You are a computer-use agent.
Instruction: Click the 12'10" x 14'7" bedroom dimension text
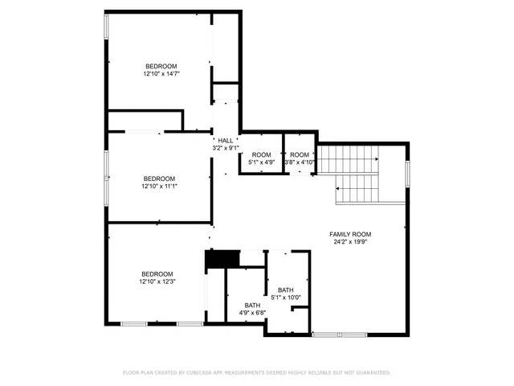(x=161, y=74)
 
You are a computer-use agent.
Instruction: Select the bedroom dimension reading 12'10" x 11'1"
(x=159, y=186)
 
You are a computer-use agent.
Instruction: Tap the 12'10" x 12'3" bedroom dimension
(x=157, y=281)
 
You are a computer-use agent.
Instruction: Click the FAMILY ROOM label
(x=350, y=234)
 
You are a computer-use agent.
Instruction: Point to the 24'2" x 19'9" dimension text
(x=350, y=241)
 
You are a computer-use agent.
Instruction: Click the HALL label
(x=226, y=141)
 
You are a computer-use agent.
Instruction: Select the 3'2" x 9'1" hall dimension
(x=226, y=148)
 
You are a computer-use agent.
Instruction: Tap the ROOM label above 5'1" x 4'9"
(x=261, y=154)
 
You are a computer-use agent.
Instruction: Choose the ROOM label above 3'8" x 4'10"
(x=300, y=154)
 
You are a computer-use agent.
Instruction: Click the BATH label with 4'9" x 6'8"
(x=252, y=305)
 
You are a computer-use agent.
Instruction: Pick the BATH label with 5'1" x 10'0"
(x=286, y=289)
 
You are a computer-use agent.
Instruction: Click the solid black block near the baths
(x=222, y=259)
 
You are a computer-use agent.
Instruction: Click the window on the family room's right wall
(x=407, y=172)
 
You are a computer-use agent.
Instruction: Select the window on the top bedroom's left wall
(x=106, y=27)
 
